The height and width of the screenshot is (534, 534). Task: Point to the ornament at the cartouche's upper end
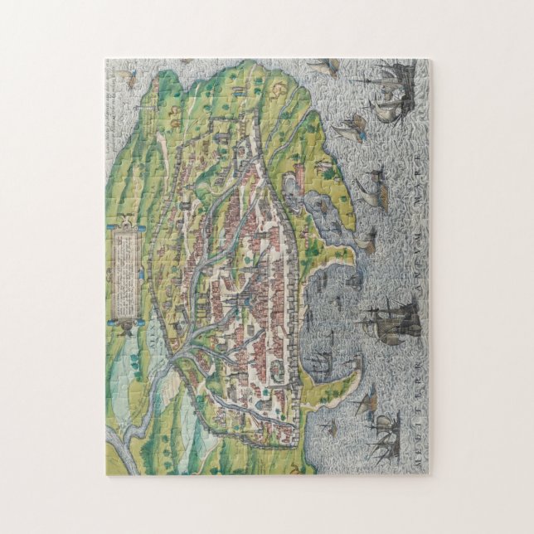(124, 221)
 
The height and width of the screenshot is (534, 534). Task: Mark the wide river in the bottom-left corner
(124, 439)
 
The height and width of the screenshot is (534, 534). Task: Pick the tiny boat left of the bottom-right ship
(329, 428)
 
